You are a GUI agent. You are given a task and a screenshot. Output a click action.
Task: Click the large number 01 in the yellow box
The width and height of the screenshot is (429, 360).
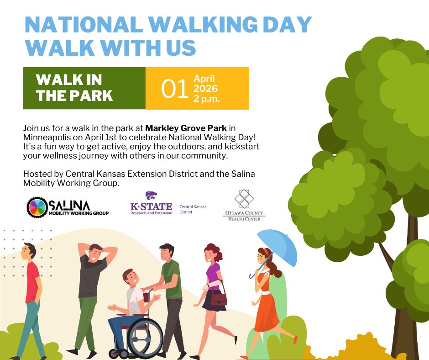point(174,89)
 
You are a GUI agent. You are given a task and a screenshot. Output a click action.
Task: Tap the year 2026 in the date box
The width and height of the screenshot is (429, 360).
point(205,89)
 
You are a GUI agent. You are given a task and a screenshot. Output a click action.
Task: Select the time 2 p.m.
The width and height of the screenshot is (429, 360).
point(207,98)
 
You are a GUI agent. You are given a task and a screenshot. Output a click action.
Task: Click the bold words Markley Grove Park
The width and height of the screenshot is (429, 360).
point(186,128)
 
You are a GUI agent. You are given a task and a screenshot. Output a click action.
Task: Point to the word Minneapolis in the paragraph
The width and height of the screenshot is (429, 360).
point(45,137)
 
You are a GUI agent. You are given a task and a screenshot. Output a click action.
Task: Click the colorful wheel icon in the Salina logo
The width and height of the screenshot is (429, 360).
point(37,207)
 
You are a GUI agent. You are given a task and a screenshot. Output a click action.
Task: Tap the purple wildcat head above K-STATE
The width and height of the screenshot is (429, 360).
point(151,196)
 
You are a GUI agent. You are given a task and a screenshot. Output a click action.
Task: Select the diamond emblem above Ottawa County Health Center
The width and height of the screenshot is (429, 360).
point(244,199)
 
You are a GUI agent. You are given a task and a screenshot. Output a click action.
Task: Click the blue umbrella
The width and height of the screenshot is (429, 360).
point(277,248)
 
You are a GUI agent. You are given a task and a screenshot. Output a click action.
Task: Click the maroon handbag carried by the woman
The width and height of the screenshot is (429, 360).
point(219,299)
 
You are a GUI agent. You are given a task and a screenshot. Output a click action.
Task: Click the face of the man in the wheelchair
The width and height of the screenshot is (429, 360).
point(132,278)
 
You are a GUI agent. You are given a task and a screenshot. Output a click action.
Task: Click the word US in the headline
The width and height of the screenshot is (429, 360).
point(181,48)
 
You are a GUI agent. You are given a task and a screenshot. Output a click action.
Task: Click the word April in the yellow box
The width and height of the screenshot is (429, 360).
point(204,79)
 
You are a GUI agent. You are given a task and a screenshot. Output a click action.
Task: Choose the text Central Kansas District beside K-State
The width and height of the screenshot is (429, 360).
point(193,209)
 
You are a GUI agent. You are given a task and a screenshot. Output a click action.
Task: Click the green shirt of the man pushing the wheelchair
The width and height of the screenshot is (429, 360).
point(171,280)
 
